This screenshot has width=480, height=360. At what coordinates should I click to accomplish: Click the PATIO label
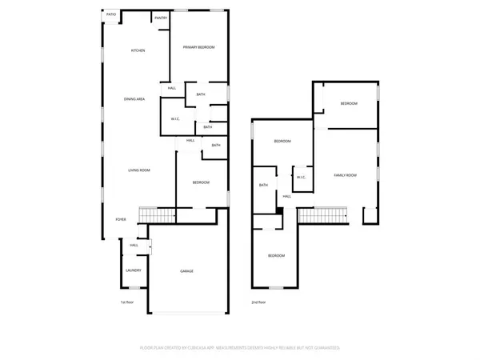click(110, 14)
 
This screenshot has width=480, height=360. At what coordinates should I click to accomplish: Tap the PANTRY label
click(160, 17)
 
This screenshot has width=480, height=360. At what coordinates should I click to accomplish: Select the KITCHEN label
click(138, 51)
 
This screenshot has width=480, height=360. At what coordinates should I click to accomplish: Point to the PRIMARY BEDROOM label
click(199, 48)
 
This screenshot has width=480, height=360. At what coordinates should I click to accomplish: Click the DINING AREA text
click(134, 99)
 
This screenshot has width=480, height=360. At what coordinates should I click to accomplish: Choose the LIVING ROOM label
click(139, 170)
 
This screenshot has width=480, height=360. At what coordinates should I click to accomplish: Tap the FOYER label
click(121, 218)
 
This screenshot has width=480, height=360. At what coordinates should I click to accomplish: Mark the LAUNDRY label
click(134, 270)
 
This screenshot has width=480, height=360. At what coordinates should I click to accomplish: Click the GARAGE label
click(186, 271)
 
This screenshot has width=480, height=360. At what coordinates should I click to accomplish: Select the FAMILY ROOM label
click(345, 175)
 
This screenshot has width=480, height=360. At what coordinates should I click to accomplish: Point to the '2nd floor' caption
click(258, 303)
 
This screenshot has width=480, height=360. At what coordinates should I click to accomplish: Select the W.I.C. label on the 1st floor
click(173, 120)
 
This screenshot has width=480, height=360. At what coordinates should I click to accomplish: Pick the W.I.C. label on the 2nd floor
click(301, 178)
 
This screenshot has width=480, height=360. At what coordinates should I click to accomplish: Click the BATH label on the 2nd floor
click(263, 186)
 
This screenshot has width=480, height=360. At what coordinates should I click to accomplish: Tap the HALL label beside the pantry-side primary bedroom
click(171, 88)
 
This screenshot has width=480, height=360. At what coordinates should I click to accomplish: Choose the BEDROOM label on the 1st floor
click(201, 183)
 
